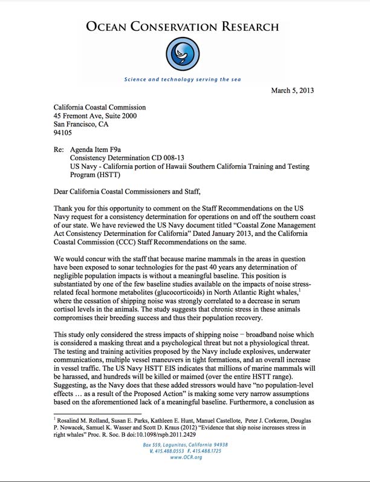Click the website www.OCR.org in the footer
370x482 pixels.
point(186,475)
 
